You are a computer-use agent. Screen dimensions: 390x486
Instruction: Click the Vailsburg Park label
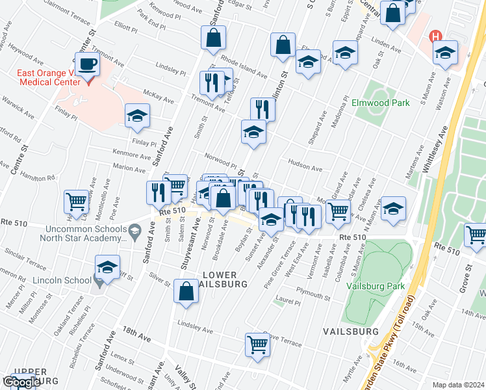pos(376,285)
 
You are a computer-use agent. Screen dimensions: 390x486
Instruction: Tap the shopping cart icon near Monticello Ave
pos(77,202)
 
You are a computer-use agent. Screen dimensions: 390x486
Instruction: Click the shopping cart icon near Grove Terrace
pos(257,344)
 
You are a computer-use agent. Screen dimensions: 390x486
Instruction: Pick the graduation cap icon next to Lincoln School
pos(108,267)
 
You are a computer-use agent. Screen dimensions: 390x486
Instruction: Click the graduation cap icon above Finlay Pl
pos(137,116)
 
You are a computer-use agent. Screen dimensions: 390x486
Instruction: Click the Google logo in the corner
pos(21,382)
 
